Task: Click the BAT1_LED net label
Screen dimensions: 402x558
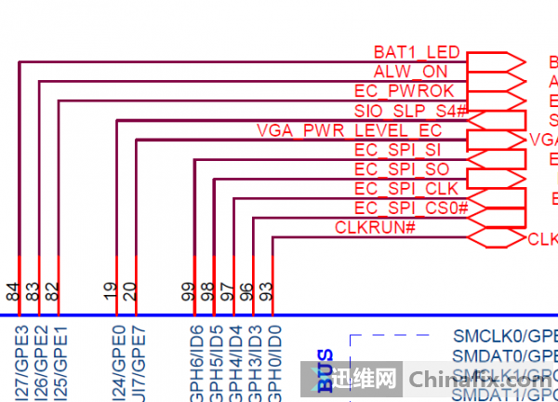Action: (x=416, y=52)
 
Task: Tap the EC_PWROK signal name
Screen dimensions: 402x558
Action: (x=405, y=91)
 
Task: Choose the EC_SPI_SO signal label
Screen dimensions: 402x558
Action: (x=402, y=169)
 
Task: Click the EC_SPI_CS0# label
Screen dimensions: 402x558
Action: (x=410, y=208)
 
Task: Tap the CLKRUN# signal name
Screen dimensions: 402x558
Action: (x=374, y=227)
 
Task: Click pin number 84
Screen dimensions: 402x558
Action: (x=13, y=292)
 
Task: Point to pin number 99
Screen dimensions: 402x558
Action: (x=189, y=292)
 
